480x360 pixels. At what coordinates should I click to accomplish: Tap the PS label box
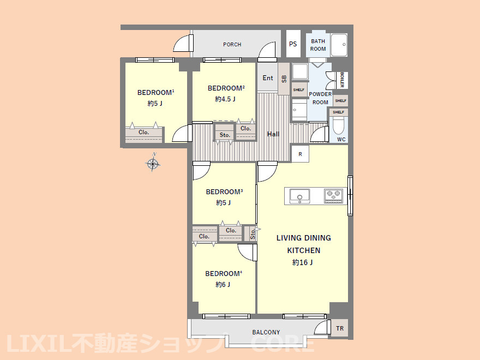click(x=293, y=44)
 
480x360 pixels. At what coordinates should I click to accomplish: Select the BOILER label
click(x=342, y=80)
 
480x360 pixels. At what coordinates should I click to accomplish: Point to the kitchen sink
click(x=299, y=196)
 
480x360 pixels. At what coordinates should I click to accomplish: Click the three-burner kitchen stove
click(x=333, y=196)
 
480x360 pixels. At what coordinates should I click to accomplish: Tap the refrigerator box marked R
click(x=301, y=154)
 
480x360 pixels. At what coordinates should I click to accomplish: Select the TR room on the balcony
click(x=340, y=328)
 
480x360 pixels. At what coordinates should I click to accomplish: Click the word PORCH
click(x=232, y=44)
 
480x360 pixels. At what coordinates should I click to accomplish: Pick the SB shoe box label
click(x=284, y=79)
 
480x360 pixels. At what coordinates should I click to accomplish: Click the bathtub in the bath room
click(x=339, y=45)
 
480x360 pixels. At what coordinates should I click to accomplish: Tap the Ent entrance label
click(x=268, y=78)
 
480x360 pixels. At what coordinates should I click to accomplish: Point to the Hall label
click(x=273, y=134)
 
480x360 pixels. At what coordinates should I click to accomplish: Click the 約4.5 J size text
click(x=225, y=99)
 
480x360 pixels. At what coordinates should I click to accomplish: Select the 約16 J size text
click(x=302, y=262)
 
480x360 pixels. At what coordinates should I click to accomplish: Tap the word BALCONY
click(x=266, y=332)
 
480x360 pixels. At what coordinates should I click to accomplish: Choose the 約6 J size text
click(x=223, y=284)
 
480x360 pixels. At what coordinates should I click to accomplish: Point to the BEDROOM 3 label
click(x=224, y=192)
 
